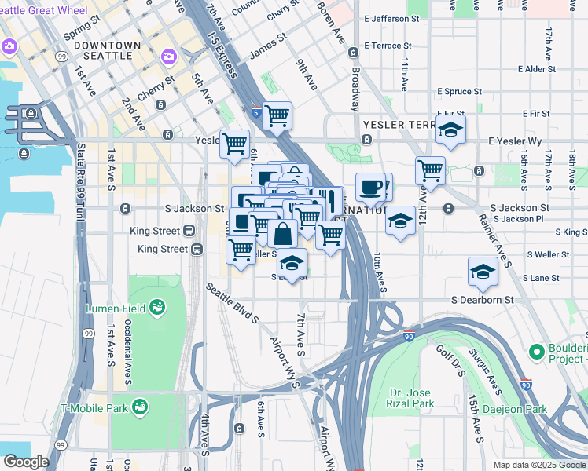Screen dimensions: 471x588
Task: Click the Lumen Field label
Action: [115, 309]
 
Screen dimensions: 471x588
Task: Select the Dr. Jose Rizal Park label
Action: [412, 398]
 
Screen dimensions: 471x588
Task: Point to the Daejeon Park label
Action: [525, 409]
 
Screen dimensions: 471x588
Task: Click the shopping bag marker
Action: [282, 233]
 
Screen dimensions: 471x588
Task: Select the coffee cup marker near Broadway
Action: [371, 188]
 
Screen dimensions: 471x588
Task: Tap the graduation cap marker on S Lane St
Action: [483, 272]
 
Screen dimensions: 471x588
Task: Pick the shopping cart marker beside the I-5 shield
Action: [277, 116]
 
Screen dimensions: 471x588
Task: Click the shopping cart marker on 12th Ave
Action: [430, 170]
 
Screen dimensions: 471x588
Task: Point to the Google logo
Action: [26, 462]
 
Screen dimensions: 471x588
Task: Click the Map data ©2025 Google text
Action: [538, 465]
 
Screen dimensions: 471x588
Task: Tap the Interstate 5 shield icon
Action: [256, 112]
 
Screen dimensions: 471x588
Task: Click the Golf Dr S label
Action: [450, 360]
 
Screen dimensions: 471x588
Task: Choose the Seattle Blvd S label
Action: [233, 304]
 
